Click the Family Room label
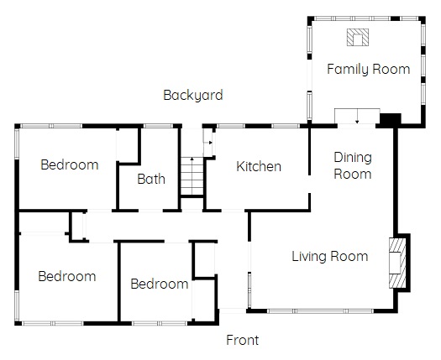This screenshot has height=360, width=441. click(x=369, y=70)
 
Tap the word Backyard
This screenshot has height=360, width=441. click(x=193, y=96)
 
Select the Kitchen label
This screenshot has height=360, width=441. click(x=259, y=166)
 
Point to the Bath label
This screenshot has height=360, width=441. click(x=151, y=179)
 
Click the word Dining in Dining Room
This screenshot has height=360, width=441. click(x=353, y=158)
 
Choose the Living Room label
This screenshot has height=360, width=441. click(x=329, y=256)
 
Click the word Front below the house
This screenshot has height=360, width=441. click(x=243, y=340)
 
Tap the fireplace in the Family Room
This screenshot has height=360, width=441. click(x=358, y=37)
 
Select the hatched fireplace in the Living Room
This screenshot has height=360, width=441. click(x=397, y=263)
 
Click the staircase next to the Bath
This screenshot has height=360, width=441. click(x=192, y=176)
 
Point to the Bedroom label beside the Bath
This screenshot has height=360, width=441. click(x=70, y=164)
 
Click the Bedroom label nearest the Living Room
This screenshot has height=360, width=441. click(x=160, y=284)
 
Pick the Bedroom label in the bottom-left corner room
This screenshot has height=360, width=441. click(x=67, y=276)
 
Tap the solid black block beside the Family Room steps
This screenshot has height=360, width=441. click(x=390, y=119)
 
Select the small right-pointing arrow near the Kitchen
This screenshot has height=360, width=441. click(x=208, y=143)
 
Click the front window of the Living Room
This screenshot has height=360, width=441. click(x=320, y=311)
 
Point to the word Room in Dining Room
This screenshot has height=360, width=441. click(x=353, y=175)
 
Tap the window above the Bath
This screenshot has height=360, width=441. click(x=158, y=126)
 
